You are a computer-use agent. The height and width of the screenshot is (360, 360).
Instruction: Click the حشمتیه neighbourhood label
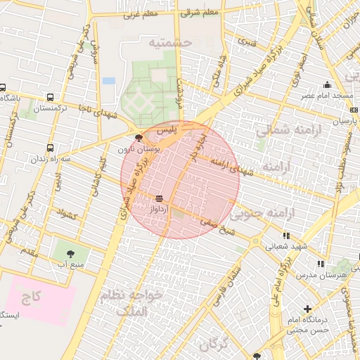click(x=169, y=43)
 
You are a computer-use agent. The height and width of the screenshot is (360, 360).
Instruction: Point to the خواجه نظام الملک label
click(x=133, y=302)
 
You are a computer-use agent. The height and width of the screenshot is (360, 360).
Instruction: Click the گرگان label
click(x=214, y=345)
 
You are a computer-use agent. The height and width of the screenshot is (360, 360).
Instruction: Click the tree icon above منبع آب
click(x=70, y=253)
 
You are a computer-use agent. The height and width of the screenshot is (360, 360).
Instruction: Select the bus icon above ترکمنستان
click(x=49, y=98)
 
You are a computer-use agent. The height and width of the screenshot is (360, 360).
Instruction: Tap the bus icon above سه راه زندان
click(x=49, y=148)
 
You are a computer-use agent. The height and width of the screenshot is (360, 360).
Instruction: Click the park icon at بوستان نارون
click(x=139, y=138)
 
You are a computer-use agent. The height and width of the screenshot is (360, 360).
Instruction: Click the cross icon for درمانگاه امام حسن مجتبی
click(x=307, y=309)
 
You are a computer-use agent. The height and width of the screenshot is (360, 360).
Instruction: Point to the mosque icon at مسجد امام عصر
click(x=328, y=82)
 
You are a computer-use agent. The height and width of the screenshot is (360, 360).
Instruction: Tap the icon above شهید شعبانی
click(x=286, y=236)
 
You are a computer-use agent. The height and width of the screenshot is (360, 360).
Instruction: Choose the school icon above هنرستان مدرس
click(x=321, y=264)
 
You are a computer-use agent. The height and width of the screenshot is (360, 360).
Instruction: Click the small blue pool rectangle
click(x=109, y=81)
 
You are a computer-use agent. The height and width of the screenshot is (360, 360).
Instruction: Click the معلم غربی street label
click(x=140, y=13)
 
